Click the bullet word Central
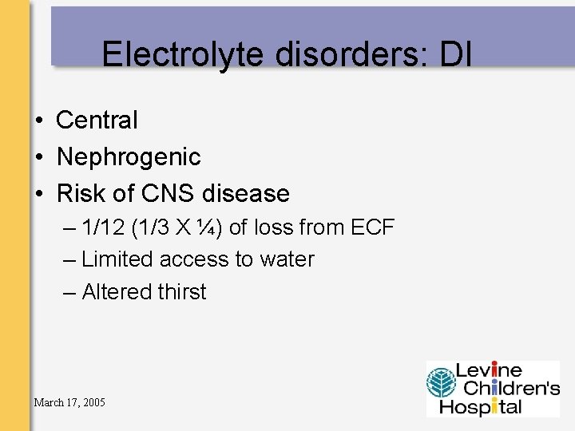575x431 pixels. [x=97, y=121]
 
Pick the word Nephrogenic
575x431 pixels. [x=129, y=157]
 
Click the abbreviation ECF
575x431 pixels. [x=372, y=227]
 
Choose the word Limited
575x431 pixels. [x=117, y=259]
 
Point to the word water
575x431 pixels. [x=287, y=259]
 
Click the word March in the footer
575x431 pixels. [x=49, y=402]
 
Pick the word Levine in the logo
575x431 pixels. [x=489, y=370]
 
